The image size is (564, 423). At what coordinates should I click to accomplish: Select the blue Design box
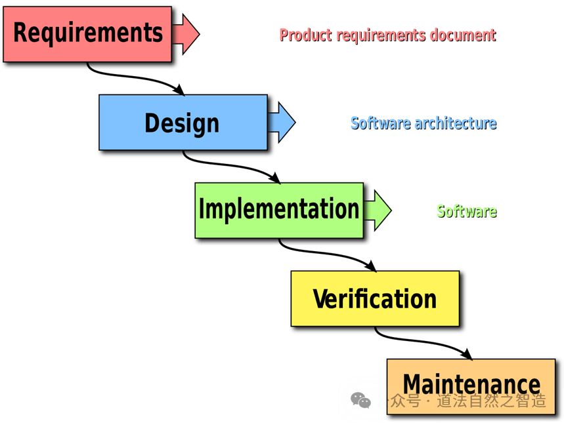[183, 123]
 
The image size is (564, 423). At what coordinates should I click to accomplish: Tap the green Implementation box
[278, 210]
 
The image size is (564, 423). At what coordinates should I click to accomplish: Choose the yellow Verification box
[374, 298]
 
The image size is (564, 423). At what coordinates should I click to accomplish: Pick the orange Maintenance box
[471, 384]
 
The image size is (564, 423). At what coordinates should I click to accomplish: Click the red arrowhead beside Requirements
[189, 33]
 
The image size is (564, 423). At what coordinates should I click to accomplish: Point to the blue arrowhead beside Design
[285, 122]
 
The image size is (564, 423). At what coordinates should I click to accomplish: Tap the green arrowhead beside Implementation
[381, 210]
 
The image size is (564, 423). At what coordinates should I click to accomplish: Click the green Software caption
[466, 211]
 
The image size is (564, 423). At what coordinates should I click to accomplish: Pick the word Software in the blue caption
[378, 123]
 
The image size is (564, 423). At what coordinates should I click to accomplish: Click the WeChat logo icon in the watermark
[360, 399]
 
